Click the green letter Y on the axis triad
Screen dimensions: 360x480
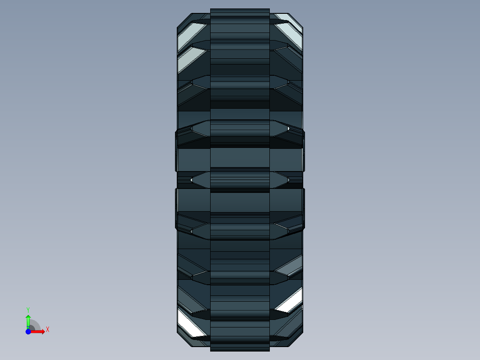28,309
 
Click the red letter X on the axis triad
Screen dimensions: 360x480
48,330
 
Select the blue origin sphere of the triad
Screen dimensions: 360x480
28,331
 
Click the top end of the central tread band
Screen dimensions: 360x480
240,12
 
